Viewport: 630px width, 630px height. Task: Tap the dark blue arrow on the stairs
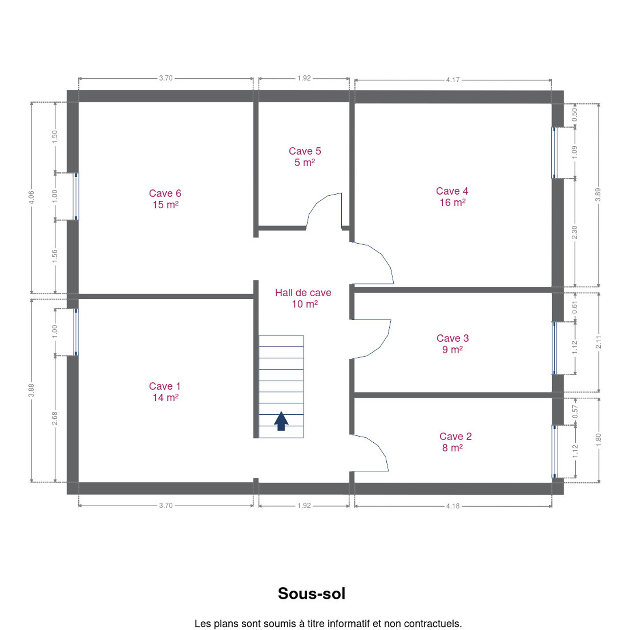[281, 421]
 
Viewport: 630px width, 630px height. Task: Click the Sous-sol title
[311, 593]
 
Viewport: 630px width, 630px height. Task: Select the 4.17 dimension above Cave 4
[453, 80]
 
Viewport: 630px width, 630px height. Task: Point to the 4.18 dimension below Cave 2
[453, 506]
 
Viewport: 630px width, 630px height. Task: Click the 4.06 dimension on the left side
[31, 197]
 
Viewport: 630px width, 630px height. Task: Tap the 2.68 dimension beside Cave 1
[55, 418]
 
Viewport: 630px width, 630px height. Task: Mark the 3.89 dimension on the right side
[598, 195]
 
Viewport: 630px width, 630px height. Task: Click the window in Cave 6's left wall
[76, 196]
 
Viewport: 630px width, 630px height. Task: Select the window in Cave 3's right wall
[554, 348]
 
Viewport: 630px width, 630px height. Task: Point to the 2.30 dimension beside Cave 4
[574, 232]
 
